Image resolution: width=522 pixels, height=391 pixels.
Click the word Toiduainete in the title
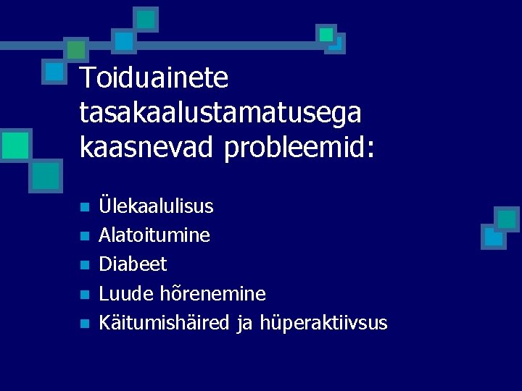[x=154, y=78]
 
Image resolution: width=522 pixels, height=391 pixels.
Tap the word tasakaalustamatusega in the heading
[x=220, y=113]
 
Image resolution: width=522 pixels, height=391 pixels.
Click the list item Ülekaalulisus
[x=156, y=206]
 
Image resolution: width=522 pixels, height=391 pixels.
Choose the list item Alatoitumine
[x=154, y=235]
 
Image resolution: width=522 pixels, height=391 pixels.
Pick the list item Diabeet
[x=133, y=264]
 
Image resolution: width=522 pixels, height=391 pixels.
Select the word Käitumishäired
[x=166, y=322]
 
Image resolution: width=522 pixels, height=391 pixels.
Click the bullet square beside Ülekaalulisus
[x=84, y=207]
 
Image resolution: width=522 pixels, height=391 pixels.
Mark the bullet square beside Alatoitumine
[x=84, y=236]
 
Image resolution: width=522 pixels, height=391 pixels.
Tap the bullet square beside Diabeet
[x=84, y=265]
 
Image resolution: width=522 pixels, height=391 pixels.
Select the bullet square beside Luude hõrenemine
[x=84, y=295]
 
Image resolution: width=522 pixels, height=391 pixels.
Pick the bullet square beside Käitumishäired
[x=84, y=324]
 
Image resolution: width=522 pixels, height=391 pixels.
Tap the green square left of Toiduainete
[x=75, y=49]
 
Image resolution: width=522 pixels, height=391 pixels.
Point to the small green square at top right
[x=326, y=34]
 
